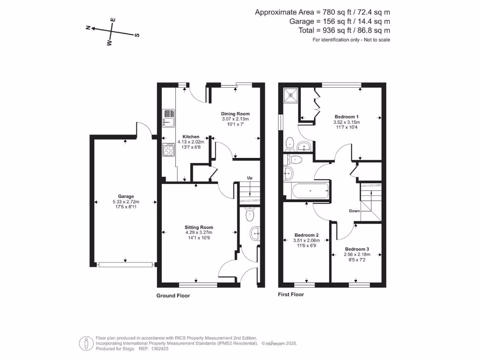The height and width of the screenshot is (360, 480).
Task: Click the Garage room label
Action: point(126,196)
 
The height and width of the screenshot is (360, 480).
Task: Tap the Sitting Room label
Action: point(199,227)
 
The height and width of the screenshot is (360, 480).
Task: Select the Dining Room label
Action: point(235,113)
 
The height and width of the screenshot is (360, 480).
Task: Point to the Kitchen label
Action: point(191,136)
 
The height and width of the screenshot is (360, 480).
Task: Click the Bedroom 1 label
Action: point(346,117)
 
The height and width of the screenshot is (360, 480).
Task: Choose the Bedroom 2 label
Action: point(307,235)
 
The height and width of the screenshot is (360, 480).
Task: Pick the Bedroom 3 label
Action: point(357,249)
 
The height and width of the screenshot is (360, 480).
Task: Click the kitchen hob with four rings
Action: point(169,150)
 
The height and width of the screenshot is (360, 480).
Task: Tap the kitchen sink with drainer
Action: point(168,118)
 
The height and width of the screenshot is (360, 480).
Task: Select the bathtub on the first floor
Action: point(310,191)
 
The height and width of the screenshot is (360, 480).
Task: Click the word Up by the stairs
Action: point(250,178)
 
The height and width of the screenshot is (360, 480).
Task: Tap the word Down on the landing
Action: point(354,211)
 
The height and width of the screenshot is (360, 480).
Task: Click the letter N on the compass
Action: point(88,28)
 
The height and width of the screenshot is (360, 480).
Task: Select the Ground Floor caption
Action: point(173,296)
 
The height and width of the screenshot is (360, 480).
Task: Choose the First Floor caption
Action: point(291,294)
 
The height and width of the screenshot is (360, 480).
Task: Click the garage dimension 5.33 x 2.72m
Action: point(126,202)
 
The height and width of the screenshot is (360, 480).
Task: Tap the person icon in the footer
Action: point(87,344)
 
